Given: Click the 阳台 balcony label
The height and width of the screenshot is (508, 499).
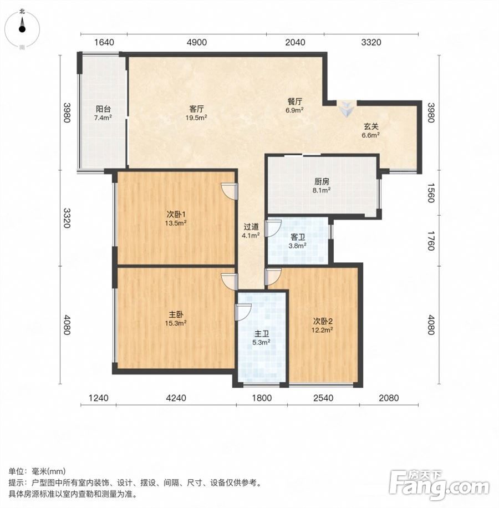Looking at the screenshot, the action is click(103, 109).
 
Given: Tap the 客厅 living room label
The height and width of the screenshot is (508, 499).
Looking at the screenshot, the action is click(196, 109).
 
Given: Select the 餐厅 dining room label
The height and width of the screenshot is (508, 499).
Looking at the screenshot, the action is click(294, 101).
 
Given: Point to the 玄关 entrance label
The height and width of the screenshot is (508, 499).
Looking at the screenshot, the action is click(370, 126).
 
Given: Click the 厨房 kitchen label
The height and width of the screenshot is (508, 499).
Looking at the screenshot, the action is click(322, 182).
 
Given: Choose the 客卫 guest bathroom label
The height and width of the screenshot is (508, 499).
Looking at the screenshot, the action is click(298, 237).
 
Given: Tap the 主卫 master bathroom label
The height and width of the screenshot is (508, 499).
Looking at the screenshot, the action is click(261, 334).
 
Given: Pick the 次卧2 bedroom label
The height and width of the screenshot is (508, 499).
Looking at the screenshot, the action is click(323, 322).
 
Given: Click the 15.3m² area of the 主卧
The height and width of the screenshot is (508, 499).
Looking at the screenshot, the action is click(176, 323).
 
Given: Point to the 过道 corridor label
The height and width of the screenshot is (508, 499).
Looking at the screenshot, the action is click(251, 227).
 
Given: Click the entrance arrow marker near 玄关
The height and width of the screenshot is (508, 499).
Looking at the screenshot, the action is click(347, 109).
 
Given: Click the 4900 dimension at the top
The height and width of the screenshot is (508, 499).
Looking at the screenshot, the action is click(197, 43).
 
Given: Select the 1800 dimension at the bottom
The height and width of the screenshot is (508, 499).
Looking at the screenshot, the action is click(262, 398).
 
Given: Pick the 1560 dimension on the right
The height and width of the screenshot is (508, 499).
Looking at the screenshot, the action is click(431, 193).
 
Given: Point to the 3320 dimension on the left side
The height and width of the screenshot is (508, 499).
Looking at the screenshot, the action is click(67, 218).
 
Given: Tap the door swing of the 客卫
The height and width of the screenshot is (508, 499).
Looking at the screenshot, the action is click(273, 228).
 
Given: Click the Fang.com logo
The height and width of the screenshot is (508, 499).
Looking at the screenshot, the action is click(440, 486).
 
